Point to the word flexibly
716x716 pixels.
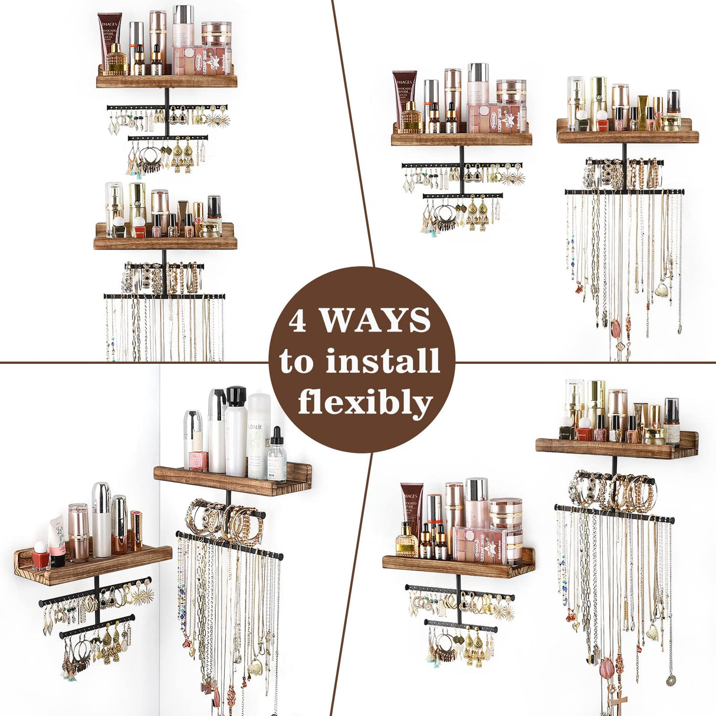click(366, 403)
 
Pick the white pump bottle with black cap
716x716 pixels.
click(236, 431)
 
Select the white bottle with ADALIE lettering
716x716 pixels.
click(259, 436)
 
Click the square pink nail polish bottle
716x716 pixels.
click(198, 460)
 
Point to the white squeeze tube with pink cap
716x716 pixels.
click(58, 540)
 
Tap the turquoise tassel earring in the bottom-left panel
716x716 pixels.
click(71, 676)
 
